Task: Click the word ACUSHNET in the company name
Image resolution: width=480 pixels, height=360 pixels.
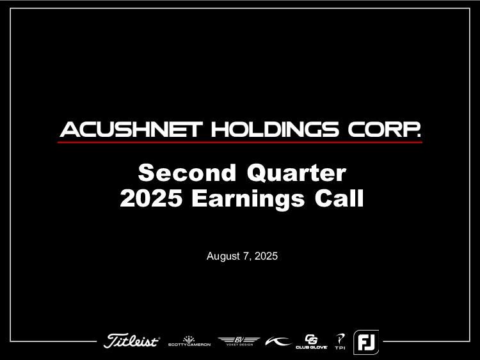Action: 131,129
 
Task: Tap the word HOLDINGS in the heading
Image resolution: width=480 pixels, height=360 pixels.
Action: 275,129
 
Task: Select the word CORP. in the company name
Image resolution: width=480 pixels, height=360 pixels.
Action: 384,129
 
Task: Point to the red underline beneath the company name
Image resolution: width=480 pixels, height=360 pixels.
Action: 240,142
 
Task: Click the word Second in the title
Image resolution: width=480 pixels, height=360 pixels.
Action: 187,173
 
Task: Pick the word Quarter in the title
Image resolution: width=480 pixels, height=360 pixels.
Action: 296,173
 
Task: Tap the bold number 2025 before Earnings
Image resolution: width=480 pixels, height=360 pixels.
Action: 151,198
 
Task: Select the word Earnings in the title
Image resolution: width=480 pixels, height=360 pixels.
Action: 248,200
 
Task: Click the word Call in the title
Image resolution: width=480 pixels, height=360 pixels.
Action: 339,198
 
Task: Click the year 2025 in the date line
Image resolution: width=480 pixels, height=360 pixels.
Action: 266,256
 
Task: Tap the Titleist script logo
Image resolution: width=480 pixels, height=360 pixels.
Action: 132,340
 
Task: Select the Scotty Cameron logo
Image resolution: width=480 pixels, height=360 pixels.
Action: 189,341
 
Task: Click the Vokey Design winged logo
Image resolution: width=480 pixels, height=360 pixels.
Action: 239,341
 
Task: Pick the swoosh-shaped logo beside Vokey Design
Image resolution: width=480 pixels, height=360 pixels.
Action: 278,341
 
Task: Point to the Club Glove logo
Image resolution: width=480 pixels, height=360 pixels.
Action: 311,341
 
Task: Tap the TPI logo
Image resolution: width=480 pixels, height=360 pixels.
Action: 340,341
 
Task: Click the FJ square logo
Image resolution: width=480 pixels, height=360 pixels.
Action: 366,342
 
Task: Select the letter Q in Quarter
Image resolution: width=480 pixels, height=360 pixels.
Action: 257,173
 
